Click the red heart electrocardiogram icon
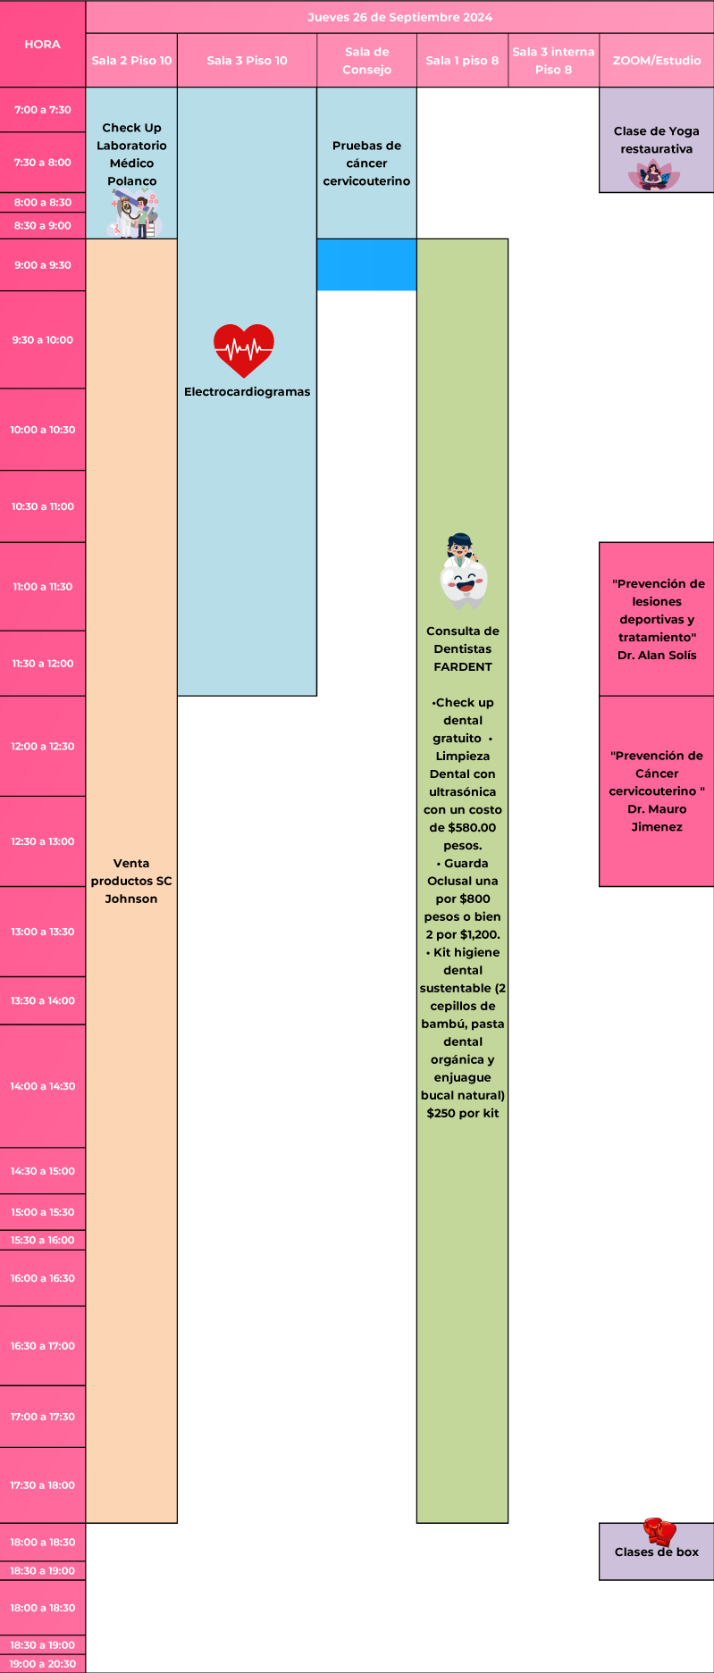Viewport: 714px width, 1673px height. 244,349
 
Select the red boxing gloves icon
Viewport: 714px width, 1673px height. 659,1531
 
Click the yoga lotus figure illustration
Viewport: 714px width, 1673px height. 655,176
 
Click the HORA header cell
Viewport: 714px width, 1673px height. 42,44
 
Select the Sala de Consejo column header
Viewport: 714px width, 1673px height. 366,61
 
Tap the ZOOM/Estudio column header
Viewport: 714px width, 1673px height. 656,61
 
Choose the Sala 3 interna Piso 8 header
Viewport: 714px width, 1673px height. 553,61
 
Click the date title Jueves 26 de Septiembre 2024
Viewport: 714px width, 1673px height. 399,17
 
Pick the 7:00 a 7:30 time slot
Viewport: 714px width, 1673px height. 42,110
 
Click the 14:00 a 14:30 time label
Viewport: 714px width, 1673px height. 42,1086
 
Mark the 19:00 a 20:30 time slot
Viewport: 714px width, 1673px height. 42,1664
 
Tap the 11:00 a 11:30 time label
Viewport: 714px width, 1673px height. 42,587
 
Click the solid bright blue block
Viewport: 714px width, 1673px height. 366,264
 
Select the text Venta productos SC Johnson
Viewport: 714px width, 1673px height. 131,881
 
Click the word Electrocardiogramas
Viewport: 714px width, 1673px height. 247,391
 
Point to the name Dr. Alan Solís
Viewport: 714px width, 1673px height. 657,655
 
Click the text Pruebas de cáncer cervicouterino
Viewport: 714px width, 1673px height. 366,163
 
